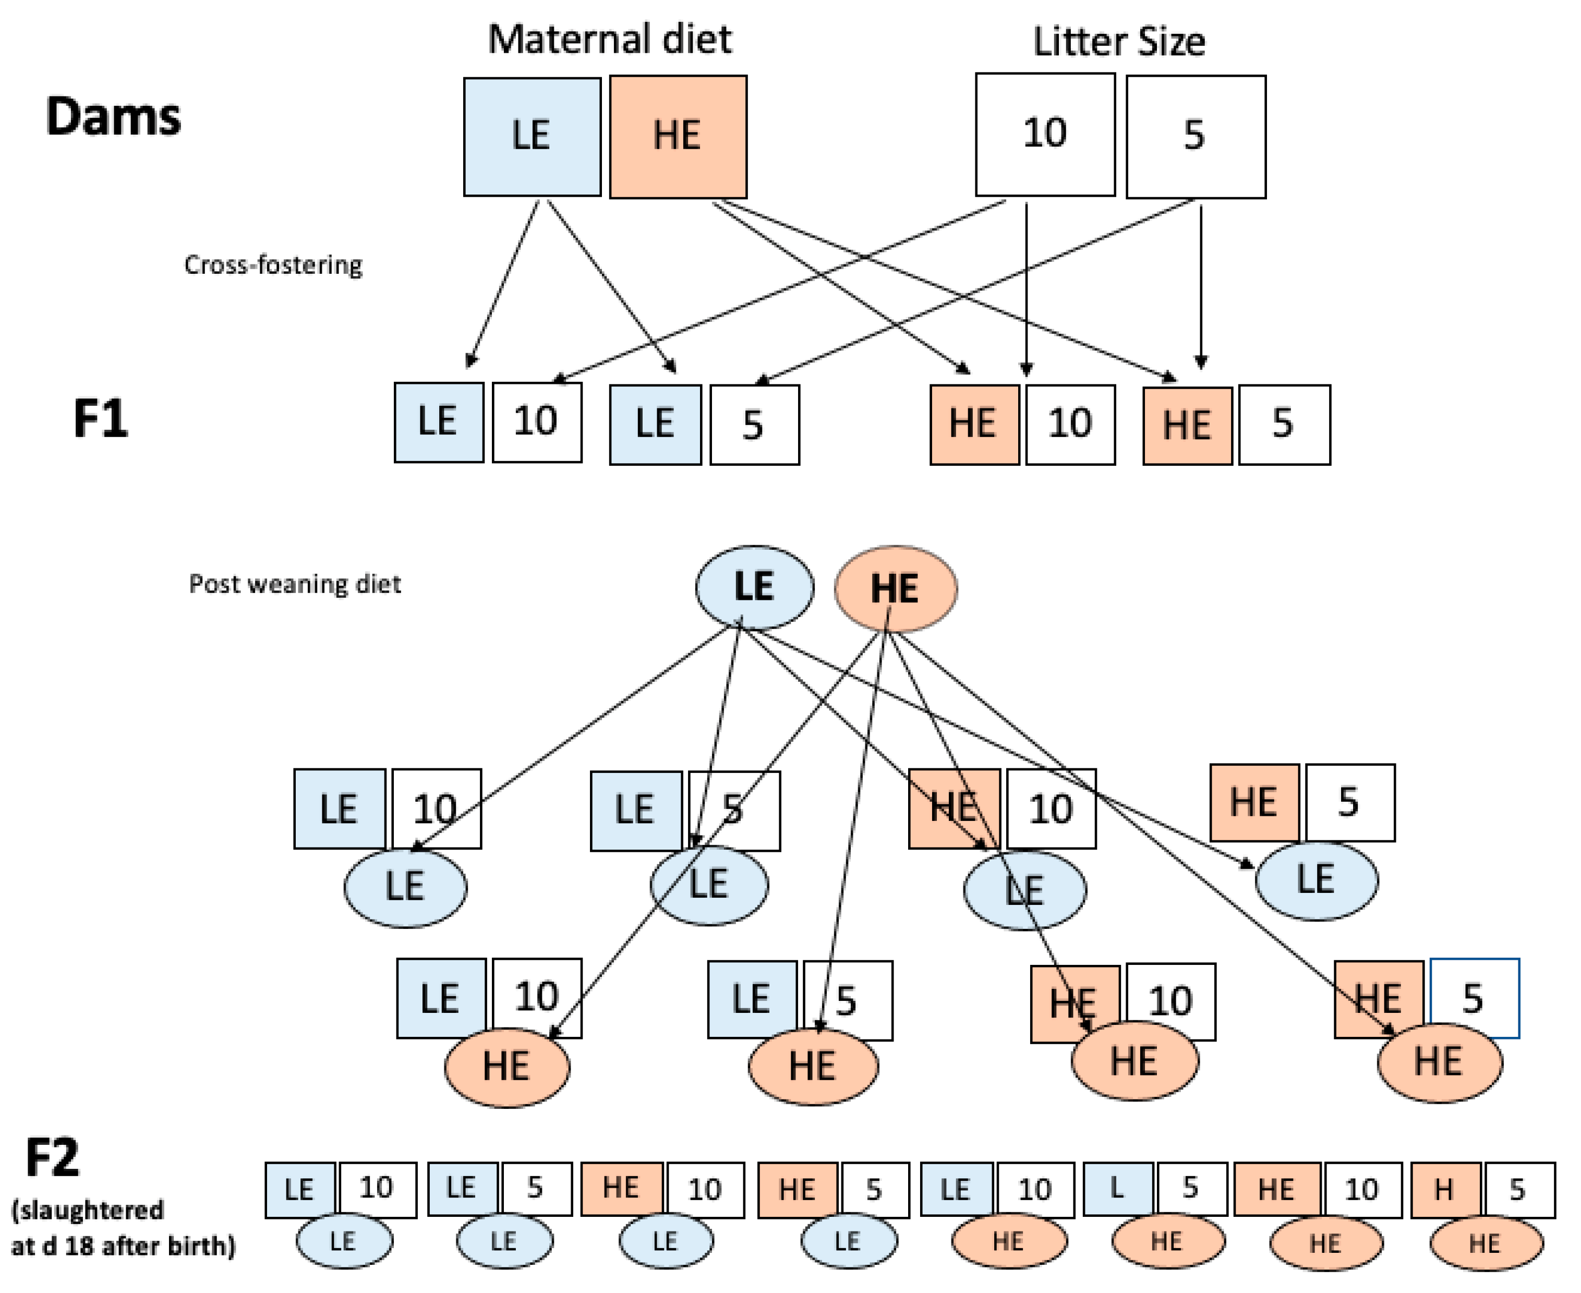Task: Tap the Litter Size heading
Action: pos(1118,42)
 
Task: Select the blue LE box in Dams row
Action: pos(532,136)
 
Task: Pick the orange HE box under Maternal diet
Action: pos(678,136)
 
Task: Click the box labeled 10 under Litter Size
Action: pos(1045,134)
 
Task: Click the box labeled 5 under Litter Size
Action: pos(1195,136)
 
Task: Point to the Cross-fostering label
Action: pos(273,265)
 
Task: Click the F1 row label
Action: pos(101,419)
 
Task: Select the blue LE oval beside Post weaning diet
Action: pos(754,587)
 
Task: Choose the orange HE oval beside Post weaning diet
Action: pos(895,588)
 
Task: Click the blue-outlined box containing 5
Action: pos(1474,998)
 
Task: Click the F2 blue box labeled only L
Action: pos(1117,1189)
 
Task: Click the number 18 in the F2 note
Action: pos(80,1246)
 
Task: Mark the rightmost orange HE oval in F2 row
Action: pos(1486,1242)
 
